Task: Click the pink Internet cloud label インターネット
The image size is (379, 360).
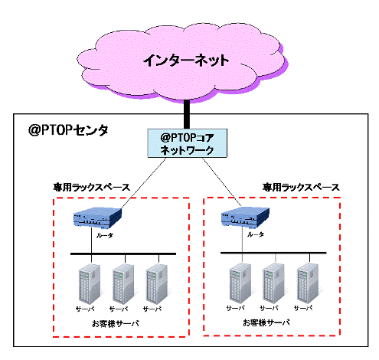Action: [x=186, y=61]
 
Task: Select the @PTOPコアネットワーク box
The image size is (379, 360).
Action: [x=188, y=143]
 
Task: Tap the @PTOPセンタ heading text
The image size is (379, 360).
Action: [x=68, y=130]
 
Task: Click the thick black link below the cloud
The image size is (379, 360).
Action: [x=187, y=114]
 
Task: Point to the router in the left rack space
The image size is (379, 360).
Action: [x=97, y=218]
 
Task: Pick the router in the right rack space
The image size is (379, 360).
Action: [x=245, y=217]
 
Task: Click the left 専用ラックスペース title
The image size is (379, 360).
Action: [x=92, y=188]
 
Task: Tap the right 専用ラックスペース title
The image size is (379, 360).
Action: [x=301, y=188]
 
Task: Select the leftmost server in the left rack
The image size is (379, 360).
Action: [x=90, y=284]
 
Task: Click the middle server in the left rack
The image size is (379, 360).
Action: [x=123, y=284]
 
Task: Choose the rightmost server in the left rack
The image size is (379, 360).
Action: [x=157, y=284]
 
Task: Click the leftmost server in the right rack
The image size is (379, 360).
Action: [x=240, y=283]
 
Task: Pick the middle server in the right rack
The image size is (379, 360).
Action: [x=274, y=283]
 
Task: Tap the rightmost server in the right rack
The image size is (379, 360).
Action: [x=308, y=283]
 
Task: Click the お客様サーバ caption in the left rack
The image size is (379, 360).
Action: [x=116, y=324]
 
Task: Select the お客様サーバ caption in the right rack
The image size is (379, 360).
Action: [x=266, y=322]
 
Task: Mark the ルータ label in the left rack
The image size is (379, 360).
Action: [x=105, y=235]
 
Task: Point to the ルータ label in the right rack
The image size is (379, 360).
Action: [x=256, y=234]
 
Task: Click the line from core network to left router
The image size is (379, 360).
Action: [x=143, y=183]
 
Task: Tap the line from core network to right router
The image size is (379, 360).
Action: [x=222, y=182]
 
